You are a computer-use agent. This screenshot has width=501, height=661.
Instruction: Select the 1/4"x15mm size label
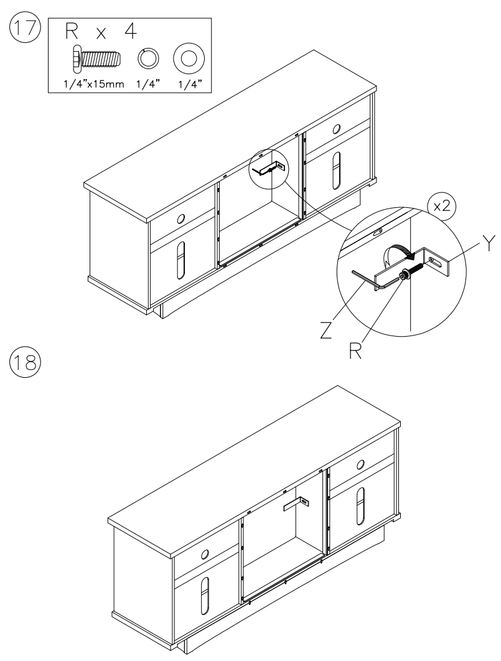tap(93, 83)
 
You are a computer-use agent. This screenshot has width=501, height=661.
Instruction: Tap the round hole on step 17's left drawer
tap(180, 218)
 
